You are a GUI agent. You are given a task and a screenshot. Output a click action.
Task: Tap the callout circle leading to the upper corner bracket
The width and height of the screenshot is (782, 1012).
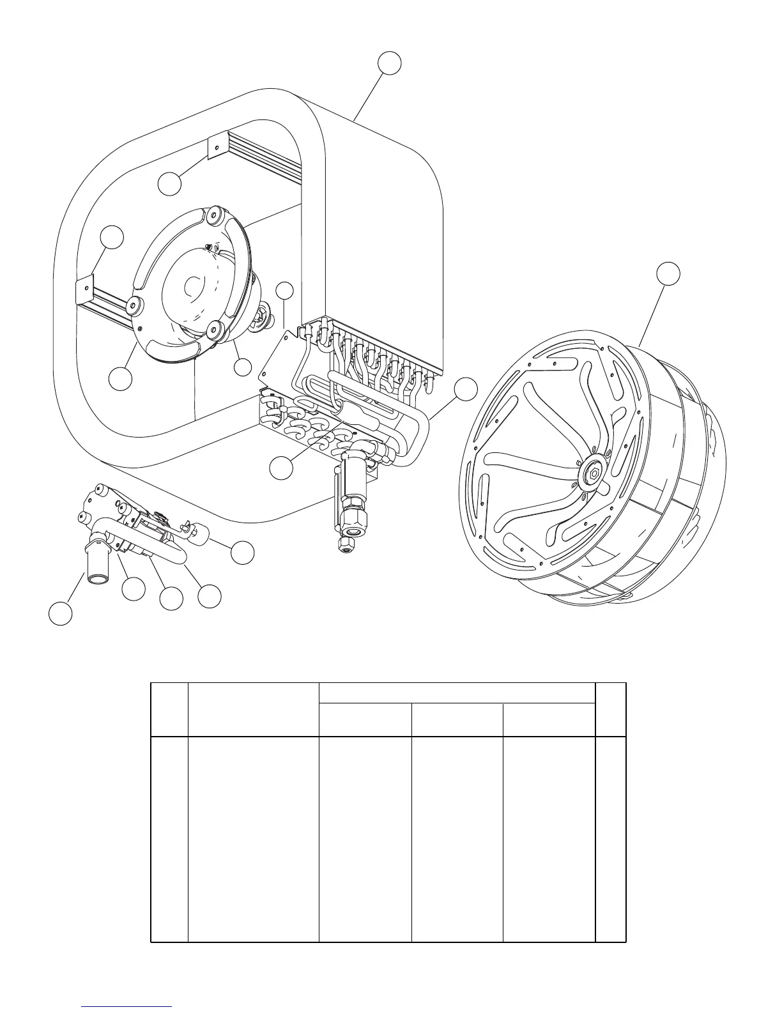coord(170,184)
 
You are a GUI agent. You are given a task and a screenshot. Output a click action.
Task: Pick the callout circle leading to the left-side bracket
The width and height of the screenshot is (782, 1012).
coord(112,236)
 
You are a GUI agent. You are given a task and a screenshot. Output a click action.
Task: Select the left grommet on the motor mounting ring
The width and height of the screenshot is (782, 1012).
coord(134,305)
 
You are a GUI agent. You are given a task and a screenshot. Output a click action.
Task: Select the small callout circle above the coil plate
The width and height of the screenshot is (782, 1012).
coord(284,291)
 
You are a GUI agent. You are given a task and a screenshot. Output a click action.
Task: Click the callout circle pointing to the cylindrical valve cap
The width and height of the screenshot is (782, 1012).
coord(243,553)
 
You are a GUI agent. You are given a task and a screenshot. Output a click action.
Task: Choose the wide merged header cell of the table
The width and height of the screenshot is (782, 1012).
coord(457,693)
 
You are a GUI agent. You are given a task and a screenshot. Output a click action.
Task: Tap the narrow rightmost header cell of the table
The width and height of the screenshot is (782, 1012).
coord(610,709)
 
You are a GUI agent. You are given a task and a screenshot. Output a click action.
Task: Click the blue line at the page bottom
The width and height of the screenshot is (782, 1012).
coord(127,1006)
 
